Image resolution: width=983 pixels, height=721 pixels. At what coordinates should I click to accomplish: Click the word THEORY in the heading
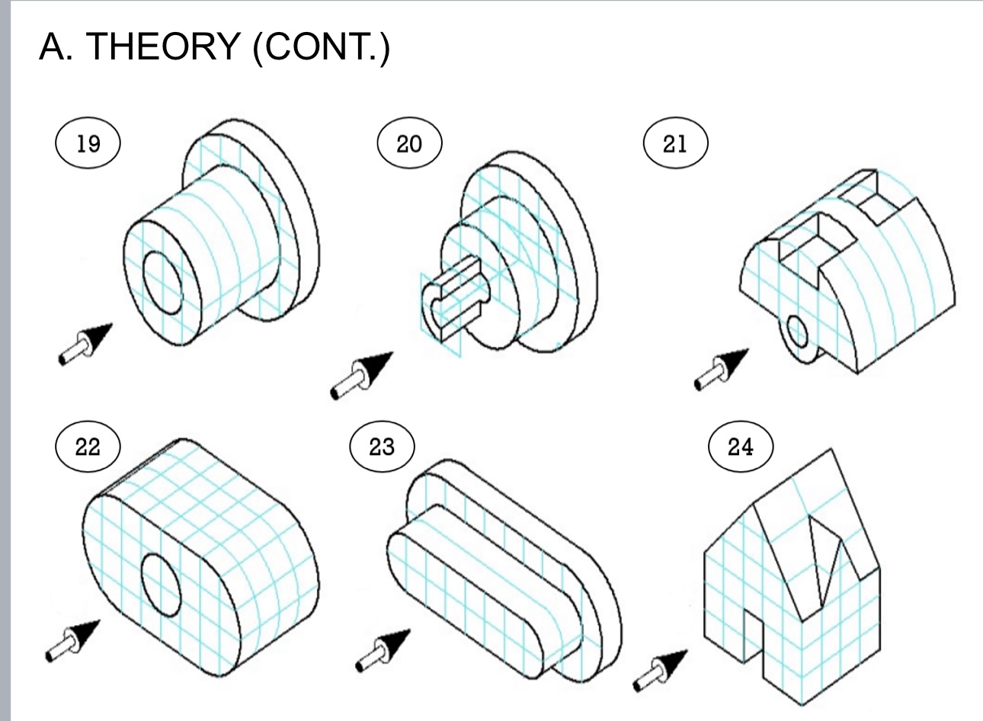tap(162, 47)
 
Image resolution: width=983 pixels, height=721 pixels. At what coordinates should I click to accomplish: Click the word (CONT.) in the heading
tap(322, 47)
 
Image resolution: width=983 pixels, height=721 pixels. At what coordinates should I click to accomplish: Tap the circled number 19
tap(88, 143)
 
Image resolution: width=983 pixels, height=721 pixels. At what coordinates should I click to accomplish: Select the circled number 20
tap(409, 143)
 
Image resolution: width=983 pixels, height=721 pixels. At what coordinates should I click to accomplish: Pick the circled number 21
tap(675, 143)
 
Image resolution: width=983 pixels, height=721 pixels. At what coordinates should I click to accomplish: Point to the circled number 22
tap(88, 447)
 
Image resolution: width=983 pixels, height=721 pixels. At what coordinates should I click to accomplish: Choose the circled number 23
tap(382, 447)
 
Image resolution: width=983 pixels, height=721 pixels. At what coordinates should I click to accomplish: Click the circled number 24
tap(740, 447)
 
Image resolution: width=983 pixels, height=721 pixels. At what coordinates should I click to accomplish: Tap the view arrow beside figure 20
tap(361, 375)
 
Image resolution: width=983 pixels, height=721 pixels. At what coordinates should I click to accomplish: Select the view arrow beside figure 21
tap(721, 368)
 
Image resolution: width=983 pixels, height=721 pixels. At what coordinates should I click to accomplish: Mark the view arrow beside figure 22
tap(72, 639)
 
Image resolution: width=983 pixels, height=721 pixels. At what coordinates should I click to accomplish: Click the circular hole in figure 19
tap(162, 281)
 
